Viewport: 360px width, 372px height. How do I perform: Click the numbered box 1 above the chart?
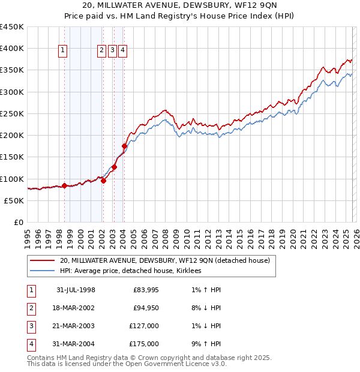coord(64,51)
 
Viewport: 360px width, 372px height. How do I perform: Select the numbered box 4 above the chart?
coord(122,51)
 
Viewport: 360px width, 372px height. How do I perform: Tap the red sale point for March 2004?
coord(124,146)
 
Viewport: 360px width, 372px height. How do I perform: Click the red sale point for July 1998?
coord(64,185)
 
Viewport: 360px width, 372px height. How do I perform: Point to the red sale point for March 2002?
coord(103,181)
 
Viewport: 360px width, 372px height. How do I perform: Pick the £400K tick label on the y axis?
coord(11,49)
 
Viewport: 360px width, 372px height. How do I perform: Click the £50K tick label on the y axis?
coord(14,200)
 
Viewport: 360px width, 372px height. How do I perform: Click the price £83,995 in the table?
coord(145,290)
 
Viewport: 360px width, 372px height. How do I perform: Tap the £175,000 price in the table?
coord(144,344)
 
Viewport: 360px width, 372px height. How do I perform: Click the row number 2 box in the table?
coord(30,308)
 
